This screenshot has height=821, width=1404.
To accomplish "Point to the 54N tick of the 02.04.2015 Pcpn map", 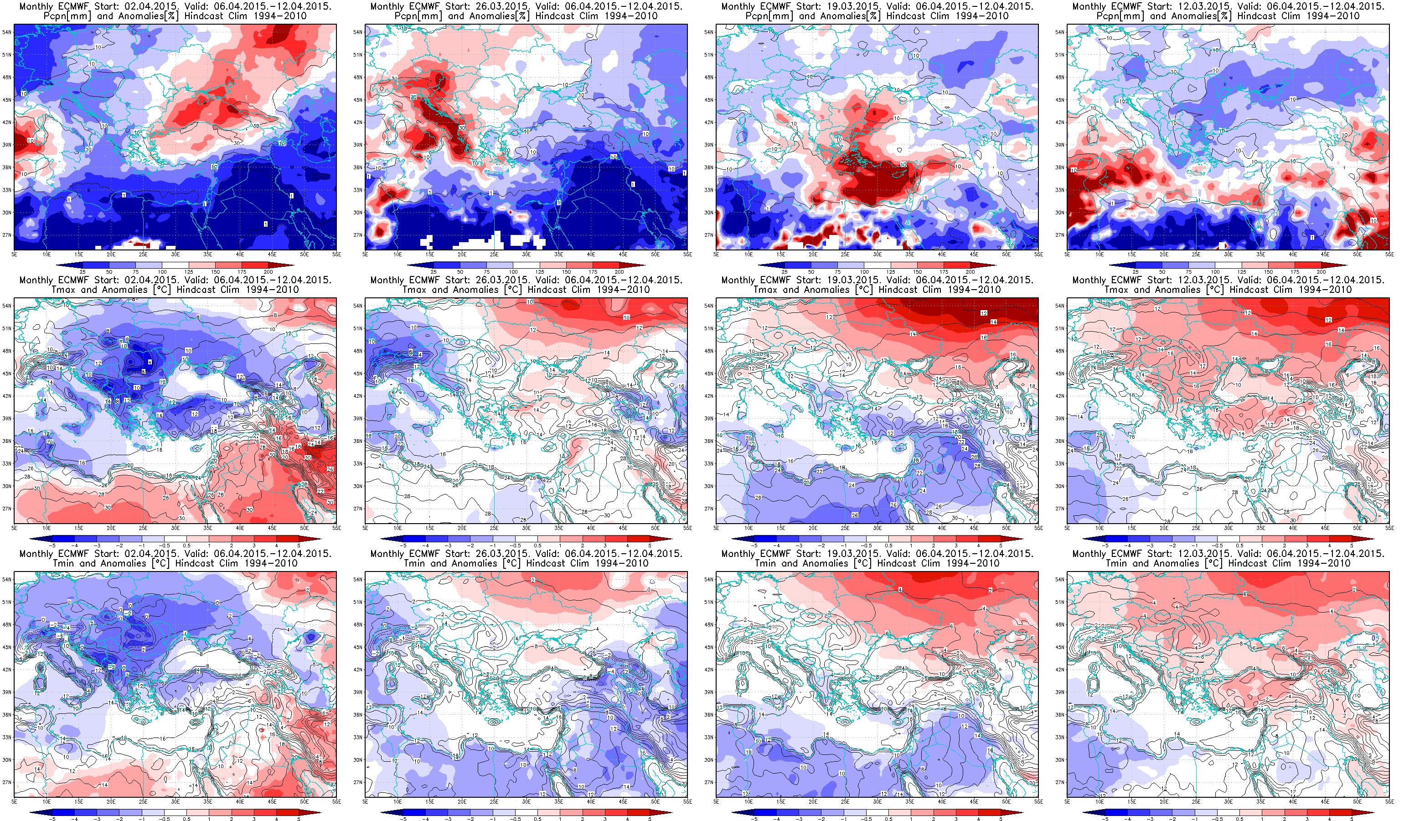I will tap(7, 32).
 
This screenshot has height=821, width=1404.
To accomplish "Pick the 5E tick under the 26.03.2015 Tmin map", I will tap(366, 801).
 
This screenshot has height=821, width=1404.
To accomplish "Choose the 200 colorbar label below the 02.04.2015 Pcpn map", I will tap(268, 272).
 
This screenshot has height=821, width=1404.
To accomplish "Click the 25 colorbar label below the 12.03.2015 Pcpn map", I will tap(1136, 272).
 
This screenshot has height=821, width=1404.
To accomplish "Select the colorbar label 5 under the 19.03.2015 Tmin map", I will tap(1001, 819).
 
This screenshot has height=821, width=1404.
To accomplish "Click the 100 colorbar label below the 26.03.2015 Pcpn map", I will tap(513, 272).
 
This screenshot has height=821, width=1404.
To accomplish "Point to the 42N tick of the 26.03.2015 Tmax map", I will tap(358, 396).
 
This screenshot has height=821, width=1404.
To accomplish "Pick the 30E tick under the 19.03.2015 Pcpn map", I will tap(877, 254).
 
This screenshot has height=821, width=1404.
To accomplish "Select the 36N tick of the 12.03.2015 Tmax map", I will tap(1060, 442).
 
